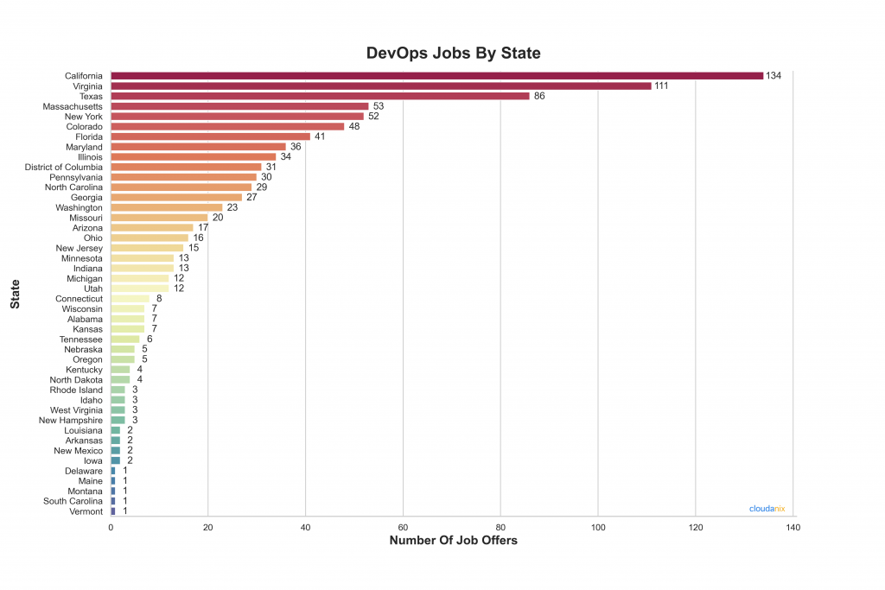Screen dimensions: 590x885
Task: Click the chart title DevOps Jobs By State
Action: coord(454,53)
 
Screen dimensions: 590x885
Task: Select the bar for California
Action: coord(436,76)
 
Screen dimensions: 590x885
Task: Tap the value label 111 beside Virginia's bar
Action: coord(662,86)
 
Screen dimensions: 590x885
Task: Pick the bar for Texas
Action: coord(320,96)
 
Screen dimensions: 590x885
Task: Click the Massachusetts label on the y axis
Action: coord(73,106)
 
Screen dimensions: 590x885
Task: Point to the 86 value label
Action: coord(539,96)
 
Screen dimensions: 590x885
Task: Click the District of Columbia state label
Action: coord(64,167)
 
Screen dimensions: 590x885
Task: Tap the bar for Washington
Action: coord(166,207)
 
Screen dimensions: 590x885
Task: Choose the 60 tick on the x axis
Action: coord(403,526)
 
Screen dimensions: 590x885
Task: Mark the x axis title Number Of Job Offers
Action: coord(453,541)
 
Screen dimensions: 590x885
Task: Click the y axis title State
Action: coord(15,294)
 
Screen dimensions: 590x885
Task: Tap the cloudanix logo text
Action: coord(766,509)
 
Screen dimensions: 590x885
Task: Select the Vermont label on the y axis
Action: coord(86,511)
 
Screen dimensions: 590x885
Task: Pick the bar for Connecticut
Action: coord(130,299)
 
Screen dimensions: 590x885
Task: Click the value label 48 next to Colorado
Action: coord(354,126)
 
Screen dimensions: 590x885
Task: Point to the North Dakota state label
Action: coord(76,380)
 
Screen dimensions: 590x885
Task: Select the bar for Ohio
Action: coord(149,238)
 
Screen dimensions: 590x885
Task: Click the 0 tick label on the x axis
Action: coord(111,526)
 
